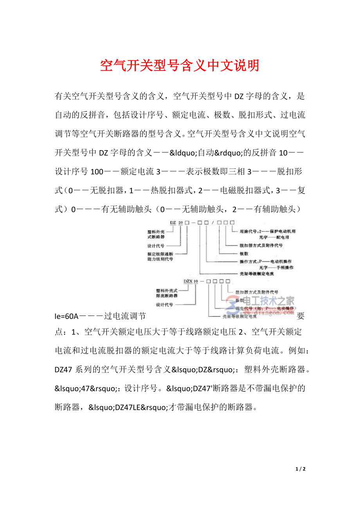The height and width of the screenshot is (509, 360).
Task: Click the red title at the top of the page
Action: [180, 66]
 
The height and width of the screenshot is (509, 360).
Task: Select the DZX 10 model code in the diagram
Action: [191, 281]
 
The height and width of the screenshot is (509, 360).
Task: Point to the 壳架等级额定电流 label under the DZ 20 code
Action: [256, 274]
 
